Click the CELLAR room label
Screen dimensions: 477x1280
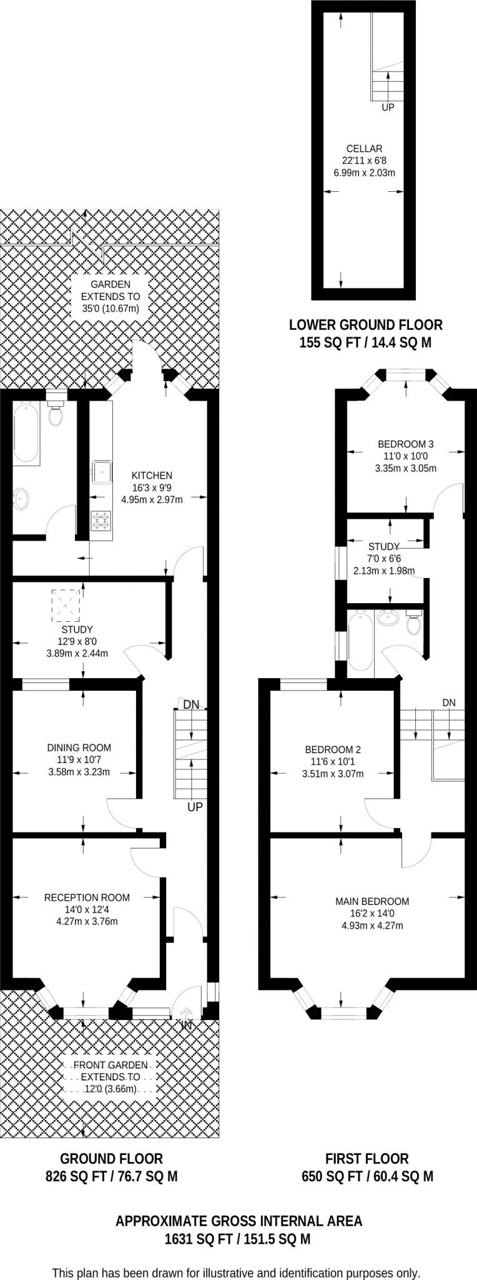(x=365, y=149)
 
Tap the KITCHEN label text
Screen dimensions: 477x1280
(x=152, y=476)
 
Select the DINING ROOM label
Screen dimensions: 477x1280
(x=79, y=747)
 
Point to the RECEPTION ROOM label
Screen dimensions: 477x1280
(x=87, y=897)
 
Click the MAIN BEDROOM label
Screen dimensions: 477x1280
(x=372, y=901)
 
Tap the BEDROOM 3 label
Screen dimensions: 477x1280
(x=406, y=444)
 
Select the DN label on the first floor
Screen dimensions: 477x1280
(x=449, y=702)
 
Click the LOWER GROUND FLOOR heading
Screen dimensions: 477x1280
(x=366, y=325)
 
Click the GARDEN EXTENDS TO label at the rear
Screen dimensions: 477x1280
(x=111, y=291)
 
